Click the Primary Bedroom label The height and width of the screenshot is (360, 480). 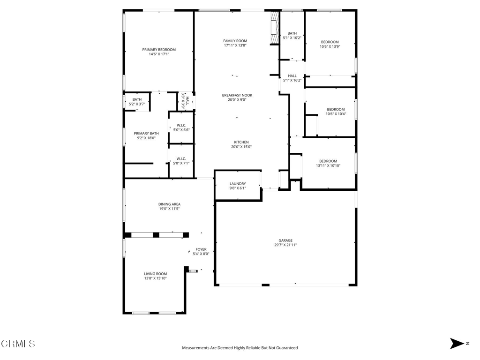pyautogui.click(x=159, y=50)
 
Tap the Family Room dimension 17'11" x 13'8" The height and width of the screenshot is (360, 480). pyautogui.click(x=235, y=45)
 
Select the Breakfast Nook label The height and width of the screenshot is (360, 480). pyautogui.click(x=237, y=95)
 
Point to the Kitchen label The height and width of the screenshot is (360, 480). pyautogui.click(x=241, y=142)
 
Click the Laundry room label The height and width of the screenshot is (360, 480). pyautogui.click(x=238, y=184)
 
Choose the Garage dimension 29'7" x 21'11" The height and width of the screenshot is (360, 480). pyautogui.click(x=285, y=245)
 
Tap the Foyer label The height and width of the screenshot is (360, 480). pyautogui.click(x=201, y=249)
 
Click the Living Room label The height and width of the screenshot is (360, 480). pyautogui.click(x=155, y=274)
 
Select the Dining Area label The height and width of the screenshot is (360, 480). pyautogui.click(x=169, y=204)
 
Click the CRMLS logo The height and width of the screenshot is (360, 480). pyautogui.click(x=18, y=344)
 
